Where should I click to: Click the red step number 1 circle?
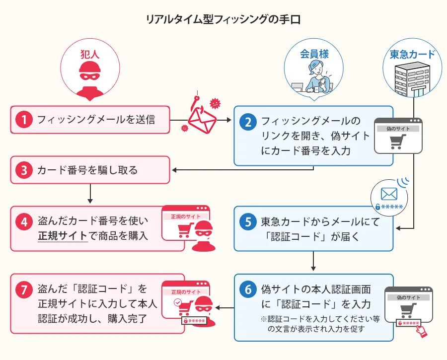point(24,120)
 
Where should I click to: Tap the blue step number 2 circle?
point(248,121)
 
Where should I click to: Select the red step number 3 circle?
point(24,170)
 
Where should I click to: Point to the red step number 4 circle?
point(24,221)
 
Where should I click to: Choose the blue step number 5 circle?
point(248,222)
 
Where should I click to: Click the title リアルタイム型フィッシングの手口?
point(223,20)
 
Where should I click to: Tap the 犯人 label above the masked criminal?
point(90,54)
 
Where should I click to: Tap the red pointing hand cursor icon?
point(421,331)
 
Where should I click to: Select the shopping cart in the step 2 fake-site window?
point(396,142)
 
